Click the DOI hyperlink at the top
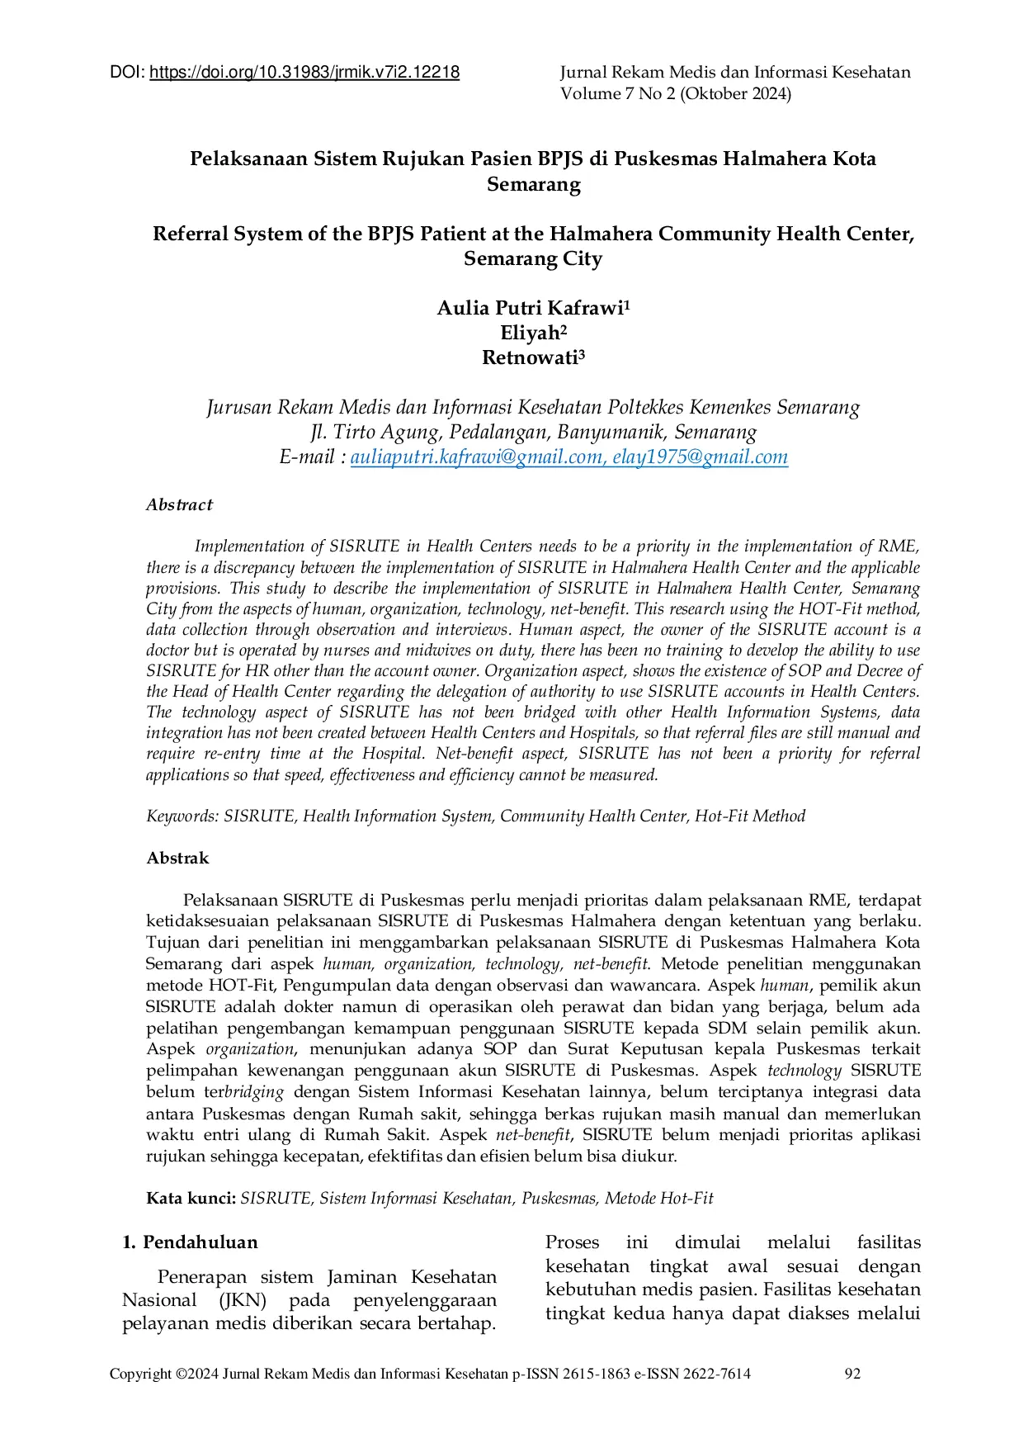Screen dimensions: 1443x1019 tap(304, 73)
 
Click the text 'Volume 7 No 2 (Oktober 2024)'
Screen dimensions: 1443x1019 tap(675, 94)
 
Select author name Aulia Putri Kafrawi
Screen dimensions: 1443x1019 tap(529, 309)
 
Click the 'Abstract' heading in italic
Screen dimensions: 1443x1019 tap(179, 505)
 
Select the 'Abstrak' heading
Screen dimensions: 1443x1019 tap(177, 859)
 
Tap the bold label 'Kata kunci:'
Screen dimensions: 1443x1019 tap(191, 1199)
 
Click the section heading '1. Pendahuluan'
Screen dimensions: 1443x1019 tap(190, 1242)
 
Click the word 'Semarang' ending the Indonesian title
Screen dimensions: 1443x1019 tap(533, 184)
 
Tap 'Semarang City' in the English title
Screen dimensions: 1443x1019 tap(533, 259)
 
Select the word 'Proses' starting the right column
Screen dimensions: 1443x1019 tap(572, 1242)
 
